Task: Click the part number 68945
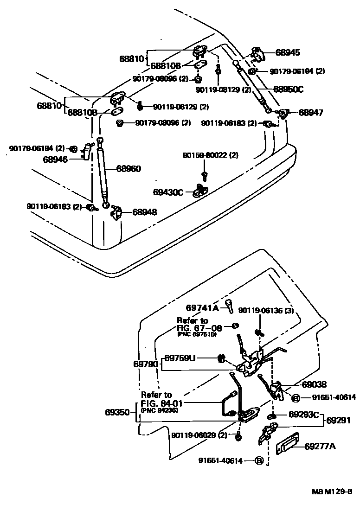click(288, 53)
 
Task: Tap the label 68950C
click(288, 89)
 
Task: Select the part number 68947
click(311, 112)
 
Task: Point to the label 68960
click(129, 169)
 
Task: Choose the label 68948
click(144, 212)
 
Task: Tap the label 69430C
click(168, 192)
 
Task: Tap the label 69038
click(314, 384)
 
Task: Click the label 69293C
click(304, 414)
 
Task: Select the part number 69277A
click(320, 447)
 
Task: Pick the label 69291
click(338, 421)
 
